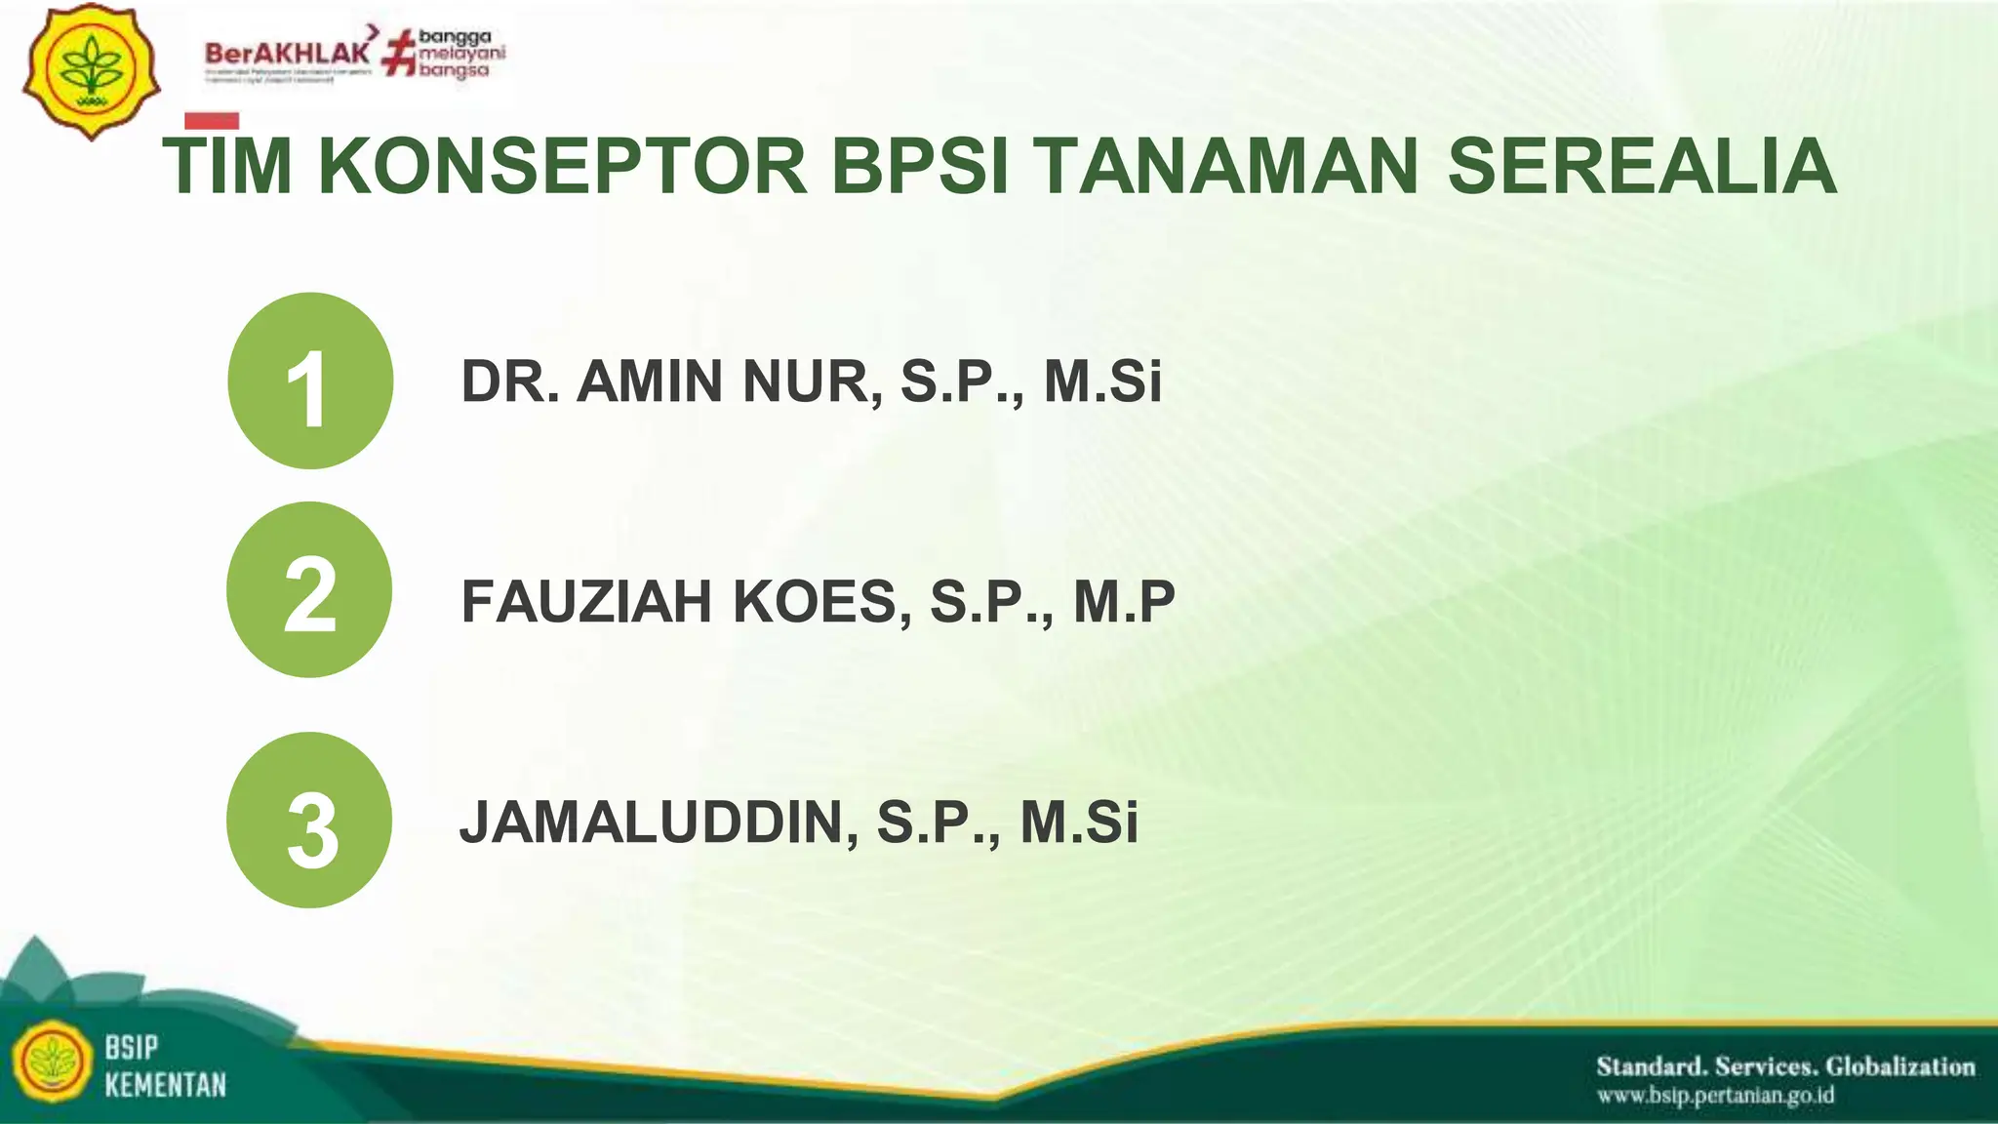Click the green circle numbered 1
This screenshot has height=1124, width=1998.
tap(310, 381)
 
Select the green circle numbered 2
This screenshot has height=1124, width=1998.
tap(309, 589)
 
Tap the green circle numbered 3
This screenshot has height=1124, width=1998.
tap(309, 820)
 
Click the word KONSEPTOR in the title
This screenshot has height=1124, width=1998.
tap(563, 167)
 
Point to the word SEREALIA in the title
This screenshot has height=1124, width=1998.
tap(1642, 167)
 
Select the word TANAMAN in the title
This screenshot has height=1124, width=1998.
tap(1226, 167)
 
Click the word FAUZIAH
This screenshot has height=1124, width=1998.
tap(586, 601)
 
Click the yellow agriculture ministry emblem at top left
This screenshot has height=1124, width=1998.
tap(91, 71)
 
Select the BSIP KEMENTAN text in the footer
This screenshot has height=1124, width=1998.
tap(165, 1066)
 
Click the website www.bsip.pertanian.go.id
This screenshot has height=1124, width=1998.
tap(1715, 1096)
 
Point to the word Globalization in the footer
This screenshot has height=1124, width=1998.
tap(1900, 1066)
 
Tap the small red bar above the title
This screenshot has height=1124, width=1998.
tap(212, 121)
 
